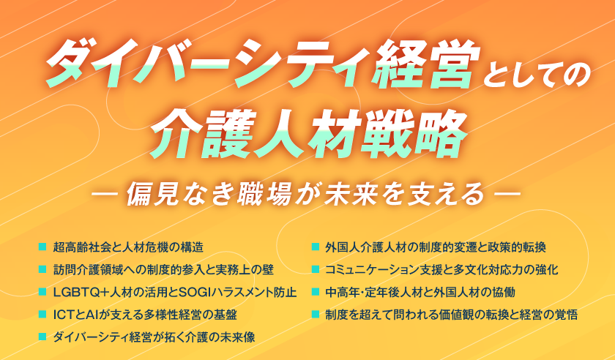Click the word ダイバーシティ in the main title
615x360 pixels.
click(x=209, y=64)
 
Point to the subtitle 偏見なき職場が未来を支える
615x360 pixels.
click(x=305, y=193)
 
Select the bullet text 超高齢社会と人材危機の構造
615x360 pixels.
click(x=128, y=247)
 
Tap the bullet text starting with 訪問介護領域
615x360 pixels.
click(x=163, y=269)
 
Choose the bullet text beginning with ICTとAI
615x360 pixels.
click(x=145, y=315)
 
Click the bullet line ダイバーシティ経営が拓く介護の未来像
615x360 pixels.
click(x=154, y=337)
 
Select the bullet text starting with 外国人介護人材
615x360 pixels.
click(x=436, y=247)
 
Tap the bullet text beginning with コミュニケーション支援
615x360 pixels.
click(x=441, y=269)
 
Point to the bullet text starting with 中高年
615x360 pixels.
click(x=420, y=292)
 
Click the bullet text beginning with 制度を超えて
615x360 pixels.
click(x=451, y=315)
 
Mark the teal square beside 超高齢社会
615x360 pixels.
click(x=42, y=247)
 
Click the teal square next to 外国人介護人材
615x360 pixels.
click(x=315, y=247)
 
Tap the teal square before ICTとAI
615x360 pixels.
click(x=42, y=314)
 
